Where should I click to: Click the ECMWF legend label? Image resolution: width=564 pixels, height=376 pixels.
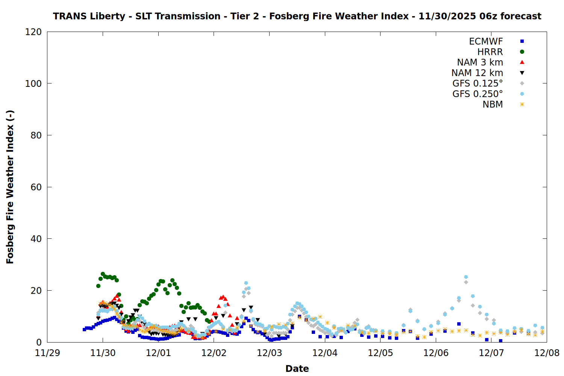(486, 41)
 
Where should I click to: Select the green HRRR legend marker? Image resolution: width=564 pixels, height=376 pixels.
(522, 52)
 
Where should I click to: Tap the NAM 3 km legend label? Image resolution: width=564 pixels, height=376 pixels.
(480, 62)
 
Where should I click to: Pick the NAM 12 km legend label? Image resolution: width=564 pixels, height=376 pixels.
(477, 73)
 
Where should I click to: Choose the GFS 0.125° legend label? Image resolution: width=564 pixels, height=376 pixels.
(478, 83)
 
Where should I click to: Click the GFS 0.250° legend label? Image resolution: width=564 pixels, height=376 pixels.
(478, 94)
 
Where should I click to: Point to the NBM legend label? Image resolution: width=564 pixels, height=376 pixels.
(493, 105)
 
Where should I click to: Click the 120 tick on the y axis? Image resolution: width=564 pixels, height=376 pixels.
(33, 32)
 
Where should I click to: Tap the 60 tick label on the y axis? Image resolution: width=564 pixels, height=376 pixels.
(36, 187)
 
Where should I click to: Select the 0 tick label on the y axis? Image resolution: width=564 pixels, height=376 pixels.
(39, 343)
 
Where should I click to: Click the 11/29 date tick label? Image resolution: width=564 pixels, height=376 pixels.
(47, 353)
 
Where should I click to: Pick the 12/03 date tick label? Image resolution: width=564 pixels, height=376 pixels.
(269, 353)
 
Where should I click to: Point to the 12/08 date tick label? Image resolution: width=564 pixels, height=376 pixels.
(547, 353)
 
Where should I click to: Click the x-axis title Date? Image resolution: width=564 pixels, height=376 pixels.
(297, 368)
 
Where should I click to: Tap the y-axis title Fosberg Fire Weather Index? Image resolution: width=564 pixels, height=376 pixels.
(10, 187)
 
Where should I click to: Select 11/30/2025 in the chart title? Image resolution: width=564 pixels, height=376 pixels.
(447, 16)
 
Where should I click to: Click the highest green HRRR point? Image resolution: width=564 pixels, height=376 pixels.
(103, 274)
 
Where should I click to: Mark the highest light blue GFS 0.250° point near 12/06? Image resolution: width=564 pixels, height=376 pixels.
(466, 277)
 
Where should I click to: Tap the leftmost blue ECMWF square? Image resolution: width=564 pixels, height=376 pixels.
(84, 329)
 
